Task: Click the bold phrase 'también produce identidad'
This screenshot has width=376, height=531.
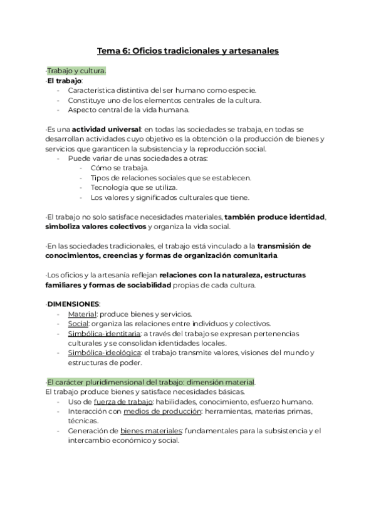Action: (274, 217)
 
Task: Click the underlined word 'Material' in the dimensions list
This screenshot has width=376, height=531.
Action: (82, 314)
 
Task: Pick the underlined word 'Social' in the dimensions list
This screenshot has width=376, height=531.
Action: (78, 324)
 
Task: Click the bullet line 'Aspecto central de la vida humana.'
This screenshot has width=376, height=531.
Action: (129, 110)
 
